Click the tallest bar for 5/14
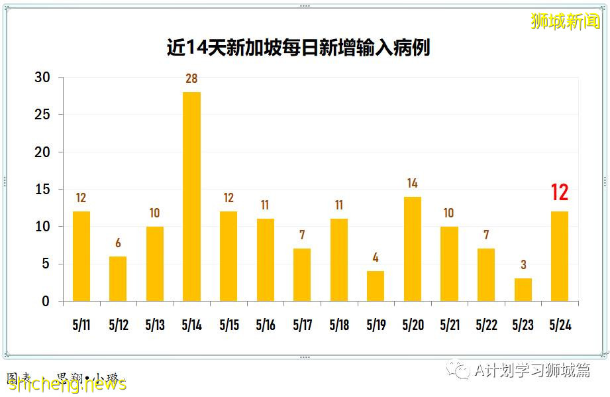coord(191,196)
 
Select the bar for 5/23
coord(523,290)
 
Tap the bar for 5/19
coord(376,286)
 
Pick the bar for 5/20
coord(412,249)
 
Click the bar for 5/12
coord(118,278)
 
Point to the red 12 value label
coord(560,193)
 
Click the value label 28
coord(191,79)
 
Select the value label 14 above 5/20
coord(412,184)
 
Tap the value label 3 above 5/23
coord(523,265)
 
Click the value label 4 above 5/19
coord(376,258)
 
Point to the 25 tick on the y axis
coord(42,115)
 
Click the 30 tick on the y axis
coord(42,78)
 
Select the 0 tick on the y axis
coord(46,302)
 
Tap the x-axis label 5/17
coord(302,325)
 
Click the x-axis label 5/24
coord(560,325)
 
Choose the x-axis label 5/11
coord(81,325)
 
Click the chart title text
coord(298,48)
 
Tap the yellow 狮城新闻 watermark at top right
coord(565,21)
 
